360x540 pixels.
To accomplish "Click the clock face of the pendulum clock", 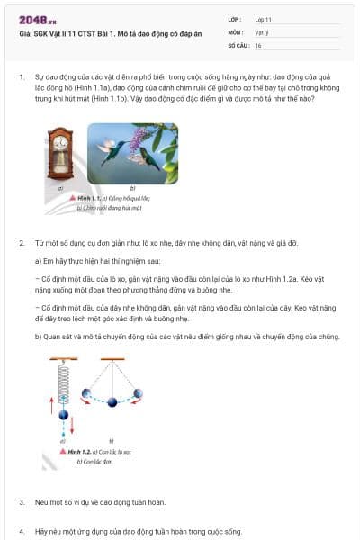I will click(x=61, y=142).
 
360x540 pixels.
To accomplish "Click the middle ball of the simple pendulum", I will click(x=112, y=401).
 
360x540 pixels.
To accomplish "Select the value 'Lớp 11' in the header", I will click(x=264, y=19).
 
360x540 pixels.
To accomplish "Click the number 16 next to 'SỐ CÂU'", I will click(x=258, y=44).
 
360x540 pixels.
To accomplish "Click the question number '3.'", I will click(x=22, y=501).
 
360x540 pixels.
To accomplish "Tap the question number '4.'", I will click(x=22, y=532).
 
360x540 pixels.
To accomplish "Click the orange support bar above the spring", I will click(x=61, y=359).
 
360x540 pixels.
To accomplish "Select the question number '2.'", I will click(x=22, y=243).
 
